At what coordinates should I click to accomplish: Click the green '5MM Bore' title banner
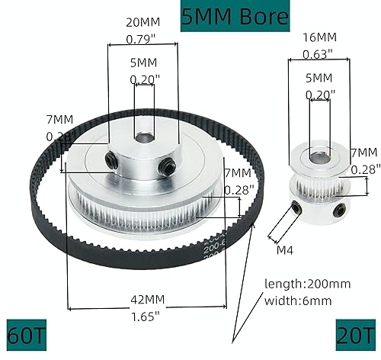click(235, 15)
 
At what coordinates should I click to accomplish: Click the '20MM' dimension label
click(142, 22)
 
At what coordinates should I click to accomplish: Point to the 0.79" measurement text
click(142, 38)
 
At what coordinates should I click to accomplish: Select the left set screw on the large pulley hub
click(111, 159)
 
